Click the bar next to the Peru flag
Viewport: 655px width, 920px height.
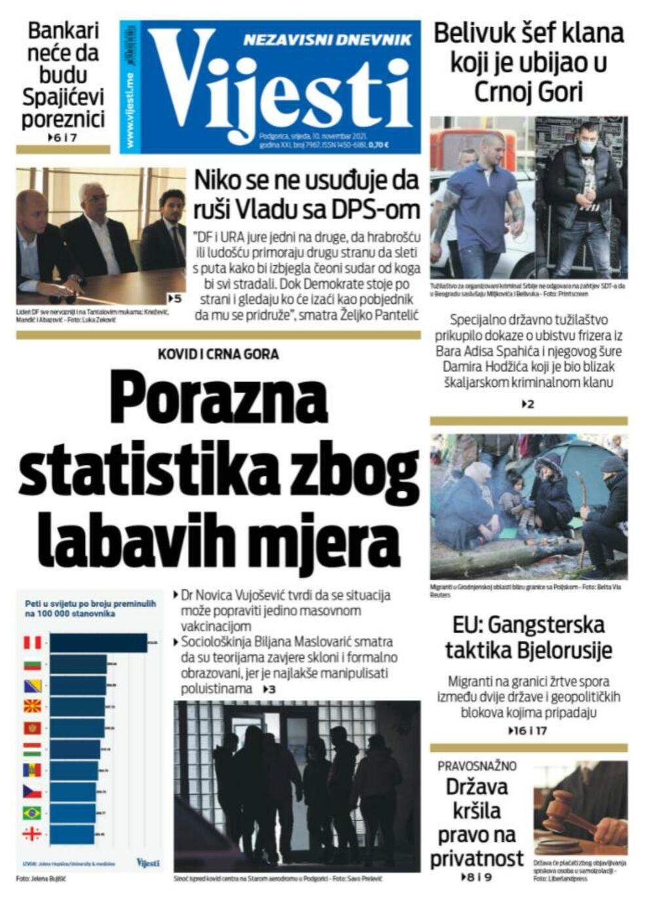point(98,643)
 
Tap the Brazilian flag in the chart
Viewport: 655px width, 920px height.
point(32,813)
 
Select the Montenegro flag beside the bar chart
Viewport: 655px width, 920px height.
point(32,728)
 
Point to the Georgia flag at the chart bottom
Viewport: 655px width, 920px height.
point(32,834)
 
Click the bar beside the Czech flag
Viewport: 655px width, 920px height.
point(72,792)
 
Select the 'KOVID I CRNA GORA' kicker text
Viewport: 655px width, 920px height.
point(218,354)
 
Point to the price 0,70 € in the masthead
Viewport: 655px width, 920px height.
point(378,145)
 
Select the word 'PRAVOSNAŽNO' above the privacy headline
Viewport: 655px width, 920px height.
point(477,766)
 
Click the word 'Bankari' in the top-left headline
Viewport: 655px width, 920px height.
point(63,31)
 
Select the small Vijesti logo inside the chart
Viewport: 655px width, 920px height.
point(148,862)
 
